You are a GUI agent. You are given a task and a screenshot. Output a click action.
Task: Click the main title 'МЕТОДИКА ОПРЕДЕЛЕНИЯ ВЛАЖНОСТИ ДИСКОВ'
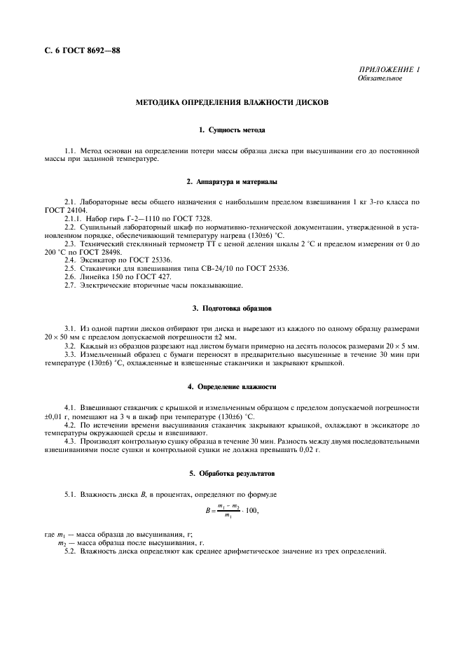231,103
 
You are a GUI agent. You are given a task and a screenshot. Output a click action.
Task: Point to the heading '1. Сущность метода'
231,130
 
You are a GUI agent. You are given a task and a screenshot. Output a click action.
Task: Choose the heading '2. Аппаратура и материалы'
231,182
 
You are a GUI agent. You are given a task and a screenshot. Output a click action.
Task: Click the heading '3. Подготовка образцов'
231,308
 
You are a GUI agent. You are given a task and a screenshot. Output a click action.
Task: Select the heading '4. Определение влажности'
231,386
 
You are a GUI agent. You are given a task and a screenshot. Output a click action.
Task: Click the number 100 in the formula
249,510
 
